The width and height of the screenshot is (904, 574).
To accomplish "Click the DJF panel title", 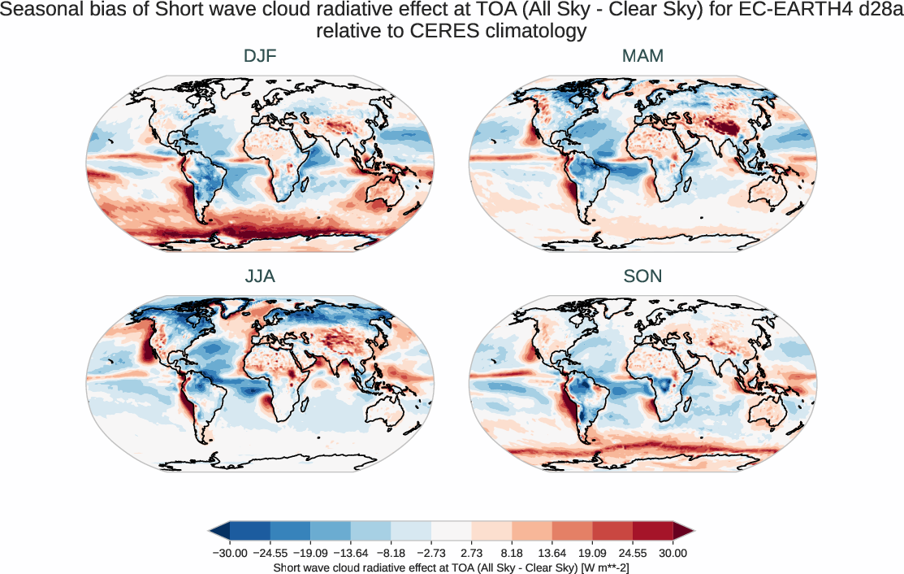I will tap(260, 57).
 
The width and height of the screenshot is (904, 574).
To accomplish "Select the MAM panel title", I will tap(642, 57).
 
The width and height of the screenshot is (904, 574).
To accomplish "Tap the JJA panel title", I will tap(260, 276).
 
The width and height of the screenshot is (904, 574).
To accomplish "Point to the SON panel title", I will tap(642, 276).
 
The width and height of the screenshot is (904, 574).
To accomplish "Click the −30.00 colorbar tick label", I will tap(229, 553).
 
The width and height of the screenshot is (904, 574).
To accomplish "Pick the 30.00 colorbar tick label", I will tap(673, 553).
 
